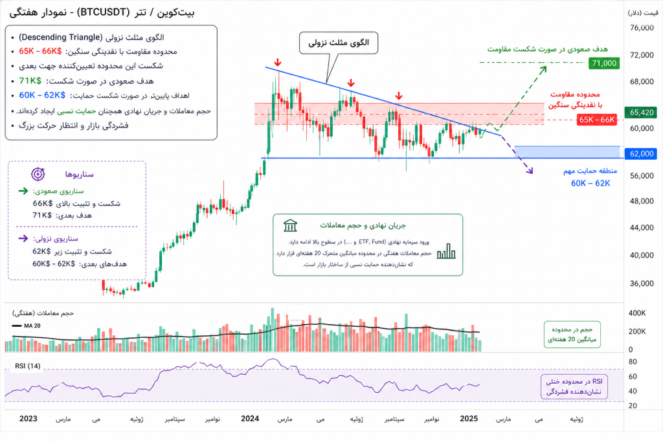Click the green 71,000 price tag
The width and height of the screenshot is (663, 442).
(x=604, y=63)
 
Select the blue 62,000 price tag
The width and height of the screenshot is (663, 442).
(x=642, y=154)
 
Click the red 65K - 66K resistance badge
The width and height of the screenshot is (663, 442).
(x=596, y=120)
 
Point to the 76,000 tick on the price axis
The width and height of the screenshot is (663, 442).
(x=642, y=27)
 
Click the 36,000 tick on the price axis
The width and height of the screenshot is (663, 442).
(x=642, y=283)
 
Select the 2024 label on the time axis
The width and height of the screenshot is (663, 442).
(x=250, y=419)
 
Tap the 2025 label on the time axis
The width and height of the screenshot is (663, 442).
(x=469, y=419)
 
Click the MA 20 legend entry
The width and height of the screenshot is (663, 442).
(x=27, y=326)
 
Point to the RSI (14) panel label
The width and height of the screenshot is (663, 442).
(x=27, y=366)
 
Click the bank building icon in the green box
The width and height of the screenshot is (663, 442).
(x=290, y=226)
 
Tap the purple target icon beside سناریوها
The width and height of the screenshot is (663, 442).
(x=38, y=174)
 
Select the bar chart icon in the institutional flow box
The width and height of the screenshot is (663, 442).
(x=446, y=251)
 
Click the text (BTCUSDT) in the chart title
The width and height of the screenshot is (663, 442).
(x=104, y=12)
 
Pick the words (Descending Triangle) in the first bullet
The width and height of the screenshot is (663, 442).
(x=60, y=37)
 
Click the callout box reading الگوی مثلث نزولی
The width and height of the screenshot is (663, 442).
(x=339, y=43)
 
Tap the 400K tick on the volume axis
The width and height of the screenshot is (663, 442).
(x=637, y=313)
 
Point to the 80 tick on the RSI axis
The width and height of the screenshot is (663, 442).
(x=633, y=362)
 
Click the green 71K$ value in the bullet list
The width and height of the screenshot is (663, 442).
(x=30, y=81)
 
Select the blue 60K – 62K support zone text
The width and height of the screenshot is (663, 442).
(x=590, y=183)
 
